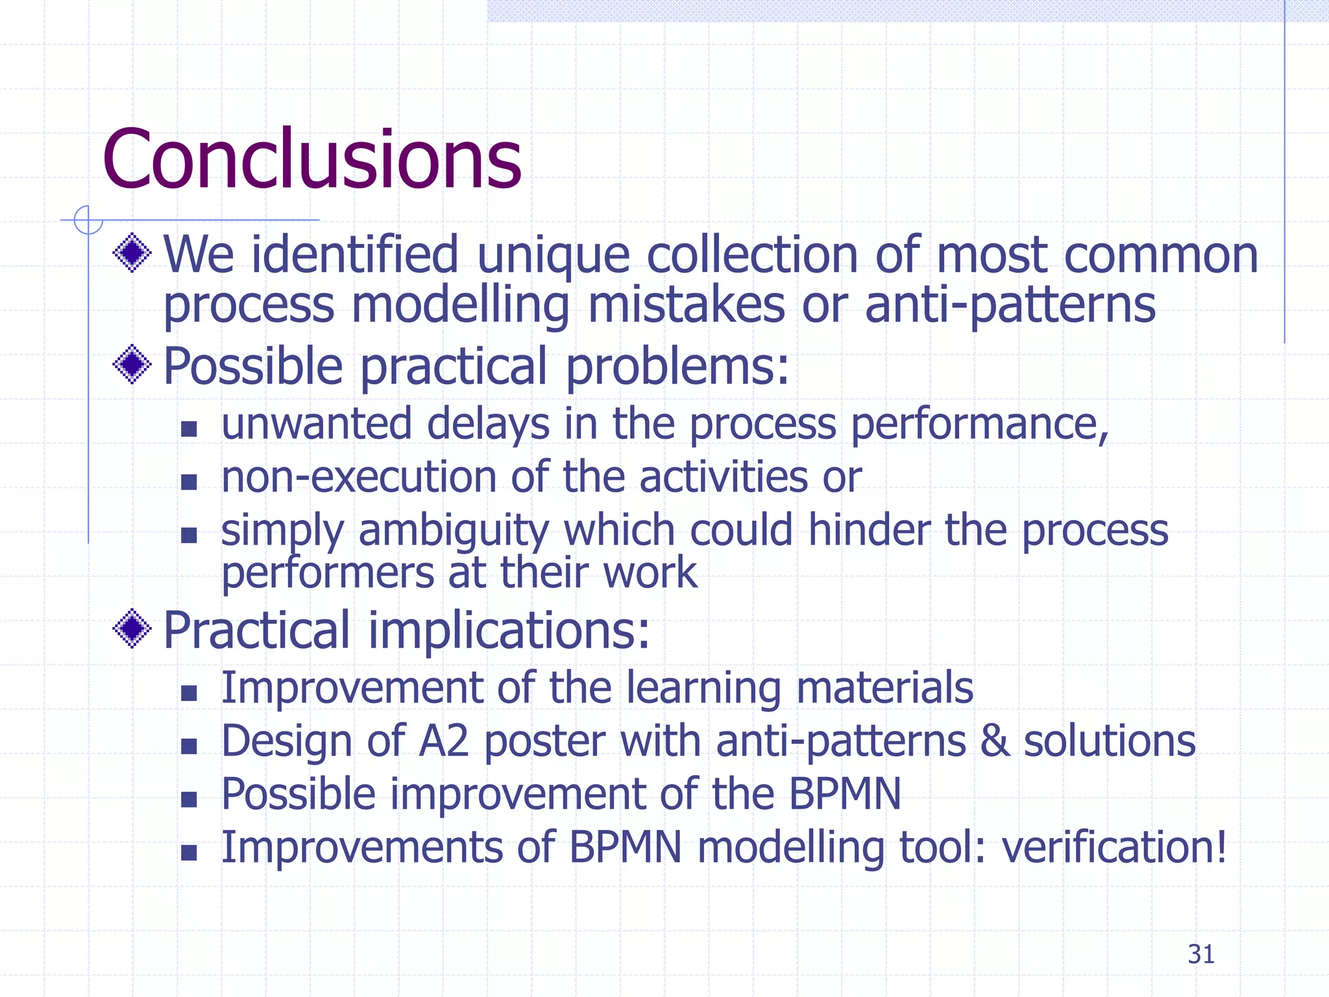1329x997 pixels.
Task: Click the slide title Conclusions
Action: [x=311, y=159]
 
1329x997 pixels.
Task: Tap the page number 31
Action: [x=1201, y=954]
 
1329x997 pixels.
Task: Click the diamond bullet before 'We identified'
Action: [x=132, y=252]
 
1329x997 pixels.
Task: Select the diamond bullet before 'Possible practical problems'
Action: [x=132, y=364]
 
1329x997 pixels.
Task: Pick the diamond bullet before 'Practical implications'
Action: [x=132, y=628]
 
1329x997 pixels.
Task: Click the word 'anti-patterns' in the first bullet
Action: [x=1010, y=305]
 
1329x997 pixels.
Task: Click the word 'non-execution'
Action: [x=358, y=477]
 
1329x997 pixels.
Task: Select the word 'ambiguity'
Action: [x=454, y=531]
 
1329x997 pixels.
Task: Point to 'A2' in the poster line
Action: [x=443, y=741]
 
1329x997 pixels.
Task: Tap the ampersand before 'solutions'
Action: [x=995, y=741]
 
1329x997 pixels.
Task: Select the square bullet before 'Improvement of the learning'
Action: [x=189, y=693]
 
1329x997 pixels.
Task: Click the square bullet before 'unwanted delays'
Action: [x=189, y=428]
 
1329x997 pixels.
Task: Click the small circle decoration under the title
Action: [x=88, y=219]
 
